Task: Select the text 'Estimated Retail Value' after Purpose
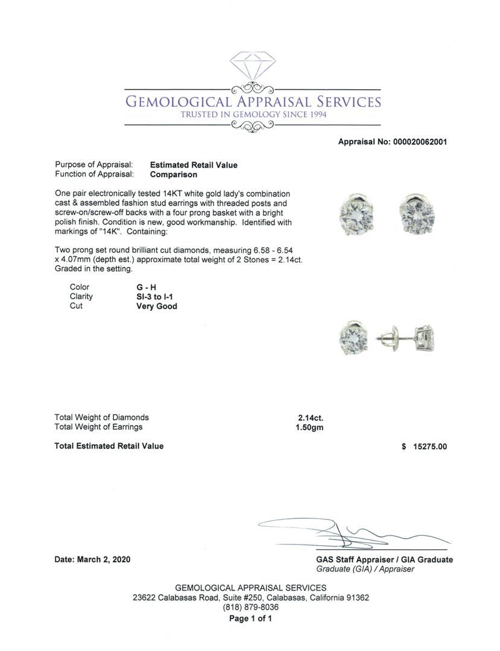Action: point(194,165)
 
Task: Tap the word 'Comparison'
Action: point(174,175)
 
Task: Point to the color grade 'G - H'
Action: point(147,287)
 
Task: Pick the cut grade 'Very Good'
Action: point(157,306)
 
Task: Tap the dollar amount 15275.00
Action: point(428,447)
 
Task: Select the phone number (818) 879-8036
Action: point(251,608)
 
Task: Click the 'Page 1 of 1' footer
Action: point(251,618)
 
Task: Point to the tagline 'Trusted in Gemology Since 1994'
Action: point(253,115)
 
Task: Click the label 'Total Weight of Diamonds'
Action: point(101,417)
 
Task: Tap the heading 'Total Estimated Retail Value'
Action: point(109,446)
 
